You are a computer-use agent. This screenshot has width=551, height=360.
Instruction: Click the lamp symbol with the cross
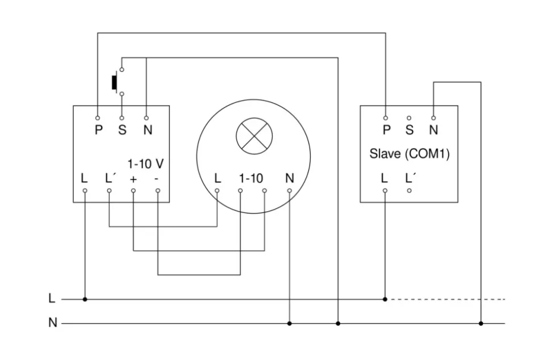click(x=254, y=137)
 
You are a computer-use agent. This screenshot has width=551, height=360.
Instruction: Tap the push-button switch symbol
click(x=115, y=82)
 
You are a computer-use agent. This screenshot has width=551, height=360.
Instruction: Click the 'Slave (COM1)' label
click(x=410, y=154)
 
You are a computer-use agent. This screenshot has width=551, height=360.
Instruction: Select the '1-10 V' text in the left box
click(x=145, y=164)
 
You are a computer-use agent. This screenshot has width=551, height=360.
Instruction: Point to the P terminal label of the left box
click(x=98, y=130)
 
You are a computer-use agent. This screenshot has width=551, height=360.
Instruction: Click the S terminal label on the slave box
click(x=410, y=130)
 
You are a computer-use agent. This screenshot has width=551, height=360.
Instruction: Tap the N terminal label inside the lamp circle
click(x=290, y=178)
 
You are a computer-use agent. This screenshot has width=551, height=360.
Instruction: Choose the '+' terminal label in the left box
click(x=133, y=179)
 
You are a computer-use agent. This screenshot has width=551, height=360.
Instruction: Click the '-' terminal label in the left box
click(x=157, y=179)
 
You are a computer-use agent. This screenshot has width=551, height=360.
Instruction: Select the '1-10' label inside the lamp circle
click(x=251, y=178)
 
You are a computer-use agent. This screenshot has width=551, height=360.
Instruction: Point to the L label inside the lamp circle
click(x=218, y=178)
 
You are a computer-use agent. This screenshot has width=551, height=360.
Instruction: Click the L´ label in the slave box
click(x=410, y=178)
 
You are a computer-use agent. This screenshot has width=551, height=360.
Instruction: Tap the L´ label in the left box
click(x=110, y=178)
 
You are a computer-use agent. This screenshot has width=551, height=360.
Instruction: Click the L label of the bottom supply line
click(x=52, y=298)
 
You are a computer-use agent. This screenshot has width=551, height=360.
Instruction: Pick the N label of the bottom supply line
click(x=52, y=323)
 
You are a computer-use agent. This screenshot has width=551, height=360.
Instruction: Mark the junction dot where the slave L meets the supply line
click(x=385, y=299)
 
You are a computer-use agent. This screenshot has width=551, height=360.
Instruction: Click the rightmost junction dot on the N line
click(x=481, y=323)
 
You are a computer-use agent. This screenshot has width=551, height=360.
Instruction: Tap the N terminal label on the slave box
click(x=433, y=130)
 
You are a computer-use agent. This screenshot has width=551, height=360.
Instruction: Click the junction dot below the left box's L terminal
click(x=85, y=299)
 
